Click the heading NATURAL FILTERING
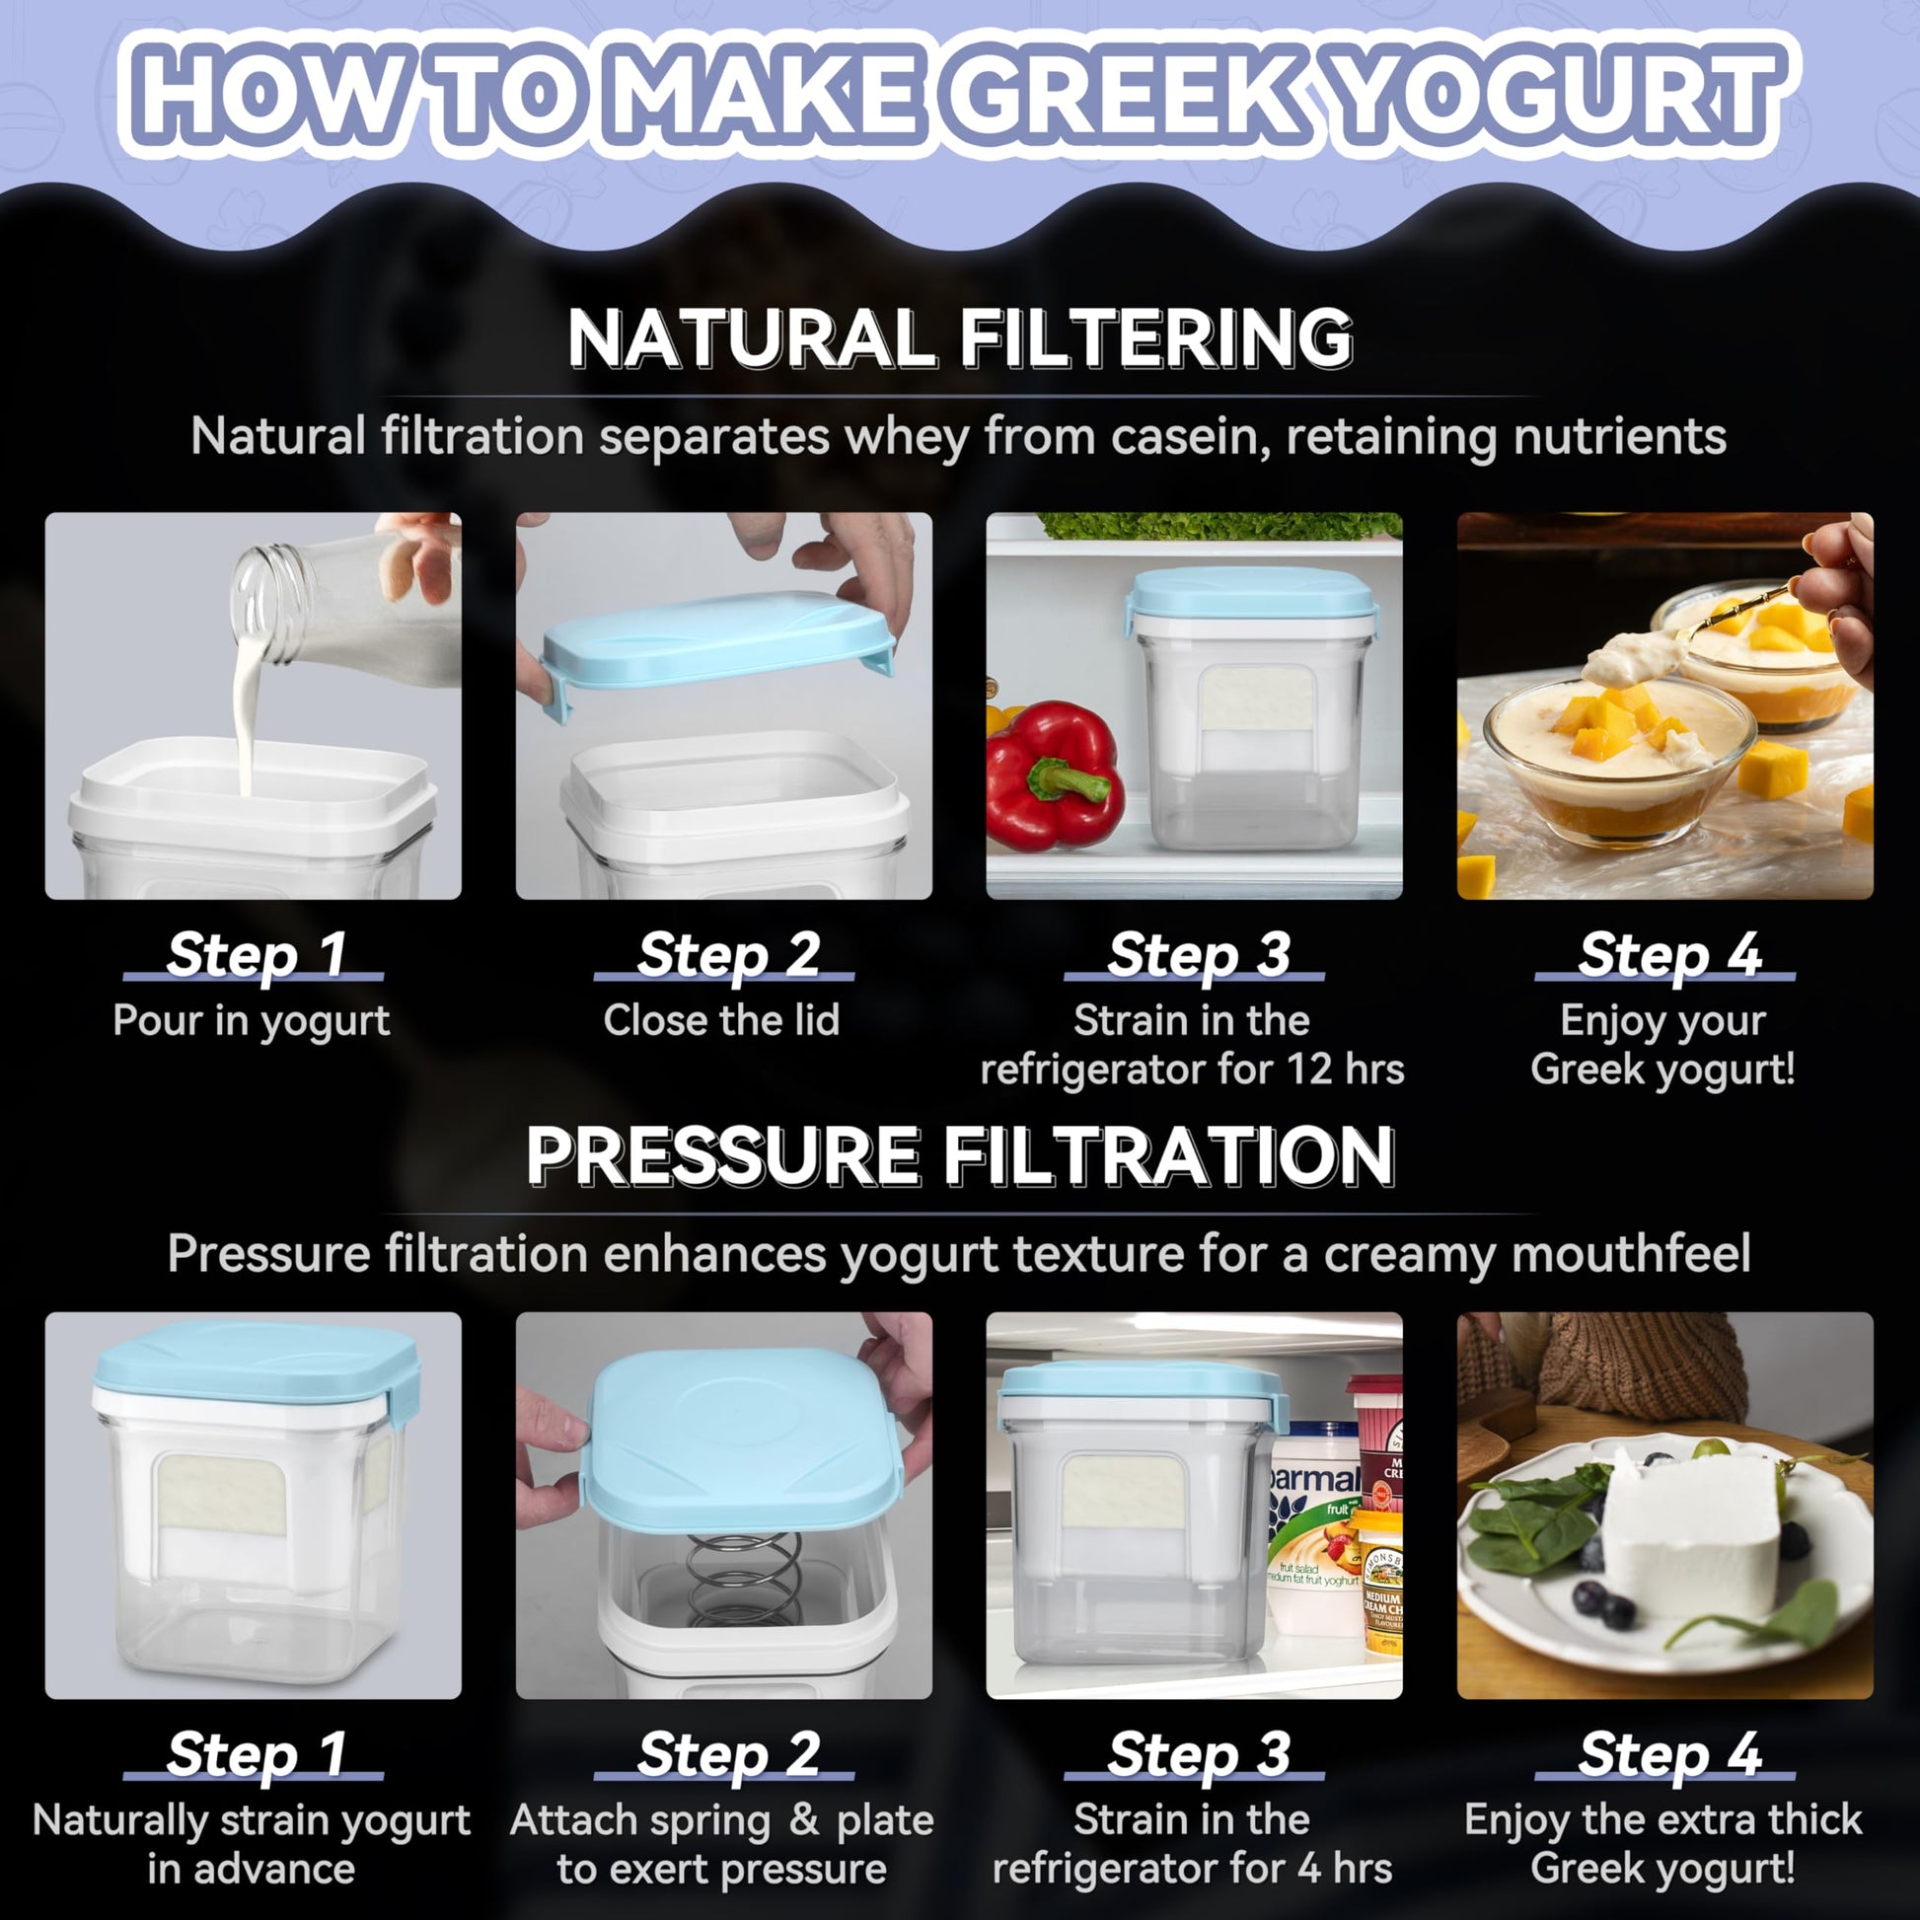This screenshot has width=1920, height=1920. pos(960,338)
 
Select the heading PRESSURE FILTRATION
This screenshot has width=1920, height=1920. pos(960,1155)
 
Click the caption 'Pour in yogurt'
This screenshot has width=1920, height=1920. pos(252,1021)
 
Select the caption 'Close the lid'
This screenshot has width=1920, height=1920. pos(721,1019)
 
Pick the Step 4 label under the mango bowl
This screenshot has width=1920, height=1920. pos(1669,954)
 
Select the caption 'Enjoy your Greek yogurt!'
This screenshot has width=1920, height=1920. pos(1662,1045)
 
